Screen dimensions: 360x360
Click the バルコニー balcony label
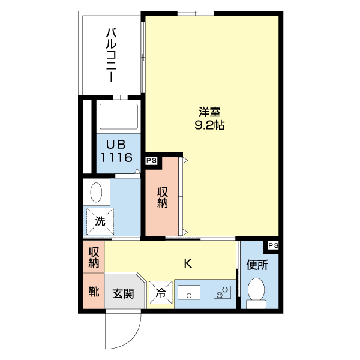112,55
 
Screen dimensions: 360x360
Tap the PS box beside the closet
151,160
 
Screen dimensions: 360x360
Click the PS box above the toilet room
273,245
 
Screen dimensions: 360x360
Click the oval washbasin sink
97,193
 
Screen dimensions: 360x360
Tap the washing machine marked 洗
100,221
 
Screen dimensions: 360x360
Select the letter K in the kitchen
187,263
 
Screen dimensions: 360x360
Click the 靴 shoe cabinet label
94,293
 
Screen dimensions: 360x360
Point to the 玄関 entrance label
123,294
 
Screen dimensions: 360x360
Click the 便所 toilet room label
256,264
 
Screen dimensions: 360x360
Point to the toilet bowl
256,292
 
